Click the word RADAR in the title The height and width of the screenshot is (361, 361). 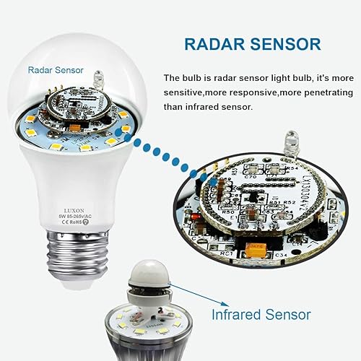[211, 44]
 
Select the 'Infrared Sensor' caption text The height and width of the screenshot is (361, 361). [261, 315]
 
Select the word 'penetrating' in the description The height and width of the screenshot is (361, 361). [316, 92]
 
